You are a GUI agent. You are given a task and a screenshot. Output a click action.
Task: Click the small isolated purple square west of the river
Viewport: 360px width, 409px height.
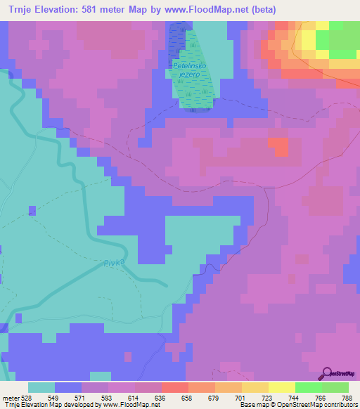coord(32,210)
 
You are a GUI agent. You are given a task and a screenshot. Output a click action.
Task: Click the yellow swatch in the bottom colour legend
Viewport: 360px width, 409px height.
coord(255,387)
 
